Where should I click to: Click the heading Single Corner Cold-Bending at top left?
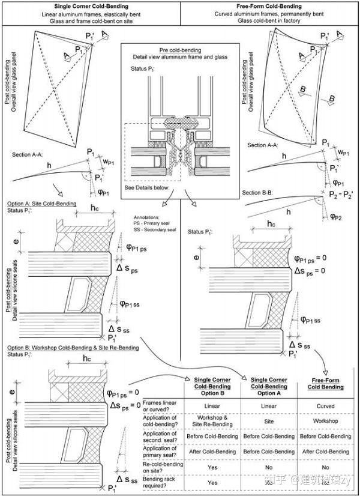(90, 7)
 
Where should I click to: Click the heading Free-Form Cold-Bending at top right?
(269, 7)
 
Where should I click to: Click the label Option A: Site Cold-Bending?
(42, 204)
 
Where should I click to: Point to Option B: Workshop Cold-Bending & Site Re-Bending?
(73, 348)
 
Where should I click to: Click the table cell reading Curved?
(326, 406)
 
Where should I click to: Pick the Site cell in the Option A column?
(269, 421)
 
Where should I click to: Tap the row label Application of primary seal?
(157, 451)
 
